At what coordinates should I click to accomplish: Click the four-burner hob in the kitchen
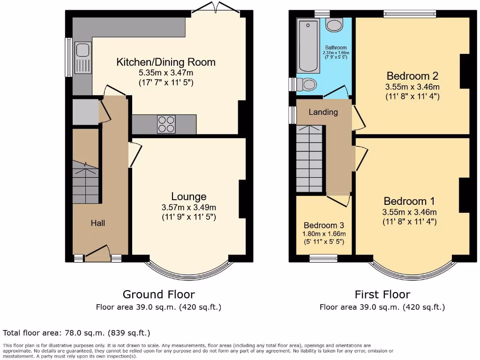[166, 124]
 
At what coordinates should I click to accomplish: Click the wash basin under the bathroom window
[334, 25]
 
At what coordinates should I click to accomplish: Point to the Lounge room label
[188, 196]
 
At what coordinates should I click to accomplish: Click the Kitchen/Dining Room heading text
[166, 62]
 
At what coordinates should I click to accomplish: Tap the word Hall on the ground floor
[97, 223]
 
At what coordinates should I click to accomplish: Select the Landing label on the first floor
[323, 112]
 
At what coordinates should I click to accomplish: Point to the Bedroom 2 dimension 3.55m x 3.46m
[412, 87]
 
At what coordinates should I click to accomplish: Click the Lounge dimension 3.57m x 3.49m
[188, 207]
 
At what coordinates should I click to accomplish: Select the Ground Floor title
[158, 294]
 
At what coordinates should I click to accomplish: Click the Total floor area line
[76, 333]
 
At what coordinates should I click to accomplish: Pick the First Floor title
[382, 294]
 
